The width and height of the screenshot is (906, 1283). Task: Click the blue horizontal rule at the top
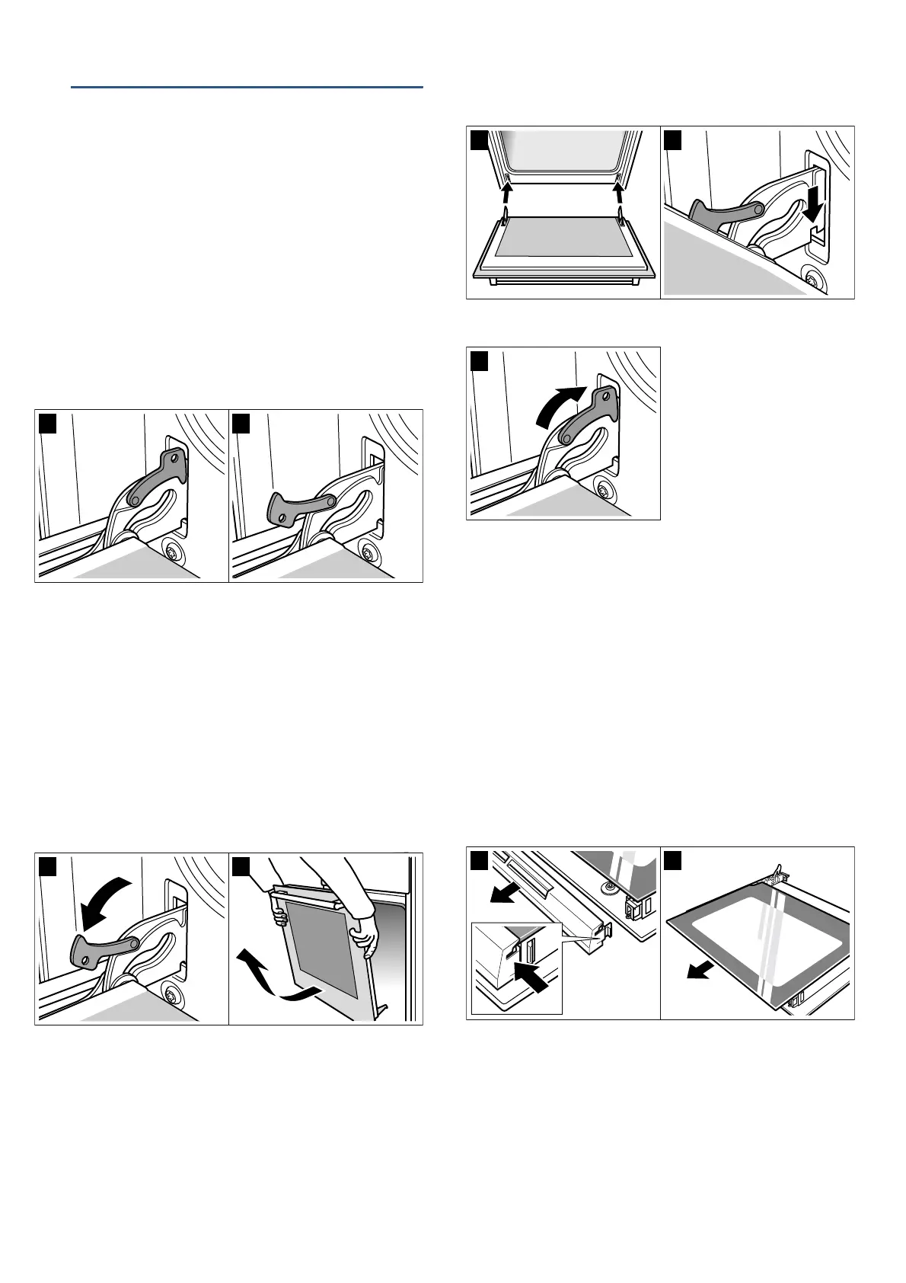click(x=247, y=88)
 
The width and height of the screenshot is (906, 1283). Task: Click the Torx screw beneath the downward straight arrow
click(x=815, y=280)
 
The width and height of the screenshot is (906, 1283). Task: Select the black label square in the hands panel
click(x=241, y=865)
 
